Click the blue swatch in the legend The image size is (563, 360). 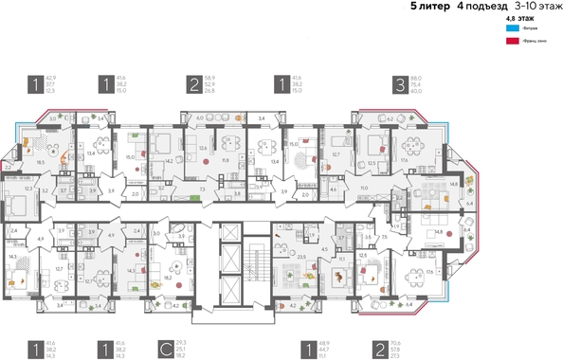click(x=513, y=29)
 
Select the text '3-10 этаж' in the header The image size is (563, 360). click(x=535, y=7)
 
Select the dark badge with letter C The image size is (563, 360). click(x=166, y=350)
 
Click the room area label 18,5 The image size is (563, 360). click(x=40, y=163)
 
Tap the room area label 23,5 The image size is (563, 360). click(x=301, y=256)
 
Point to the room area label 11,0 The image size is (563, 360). click(x=362, y=189)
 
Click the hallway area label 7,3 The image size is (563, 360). click(x=204, y=189)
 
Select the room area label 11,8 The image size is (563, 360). click(x=225, y=160)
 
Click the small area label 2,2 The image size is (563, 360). click(x=8, y=167)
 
